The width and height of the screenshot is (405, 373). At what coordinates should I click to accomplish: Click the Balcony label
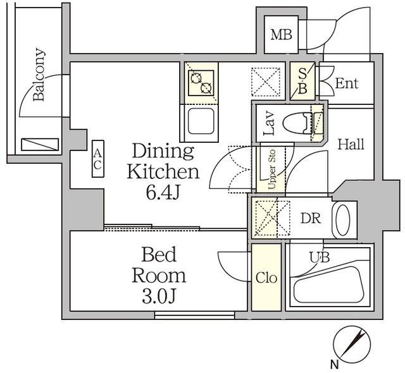[x=39, y=75]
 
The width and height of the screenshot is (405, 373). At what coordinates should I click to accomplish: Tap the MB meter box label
[x=282, y=35]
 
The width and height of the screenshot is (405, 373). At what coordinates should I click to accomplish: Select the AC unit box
[x=97, y=159]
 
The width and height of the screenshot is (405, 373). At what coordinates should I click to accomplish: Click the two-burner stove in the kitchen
[x=202, y=82]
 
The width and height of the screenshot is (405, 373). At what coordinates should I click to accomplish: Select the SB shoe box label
[x=302, y=82]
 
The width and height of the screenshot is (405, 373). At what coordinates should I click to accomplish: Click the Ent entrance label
[x=346, y=83]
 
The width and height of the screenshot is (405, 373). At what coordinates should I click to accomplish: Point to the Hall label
[x=350, y=144]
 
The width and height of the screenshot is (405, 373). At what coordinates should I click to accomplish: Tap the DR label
[x=310, y=219]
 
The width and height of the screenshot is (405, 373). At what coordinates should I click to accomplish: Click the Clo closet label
[x=266, y=278]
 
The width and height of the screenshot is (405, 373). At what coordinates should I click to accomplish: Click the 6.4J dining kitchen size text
[x=163, y=192]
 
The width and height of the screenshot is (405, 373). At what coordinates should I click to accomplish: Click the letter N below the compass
[x=333, y=364]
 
